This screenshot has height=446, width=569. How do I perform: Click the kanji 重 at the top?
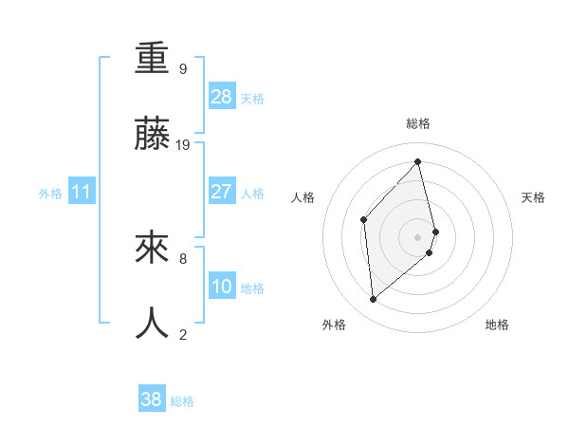click(152, 61)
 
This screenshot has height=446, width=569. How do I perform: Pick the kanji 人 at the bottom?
click(152, 324)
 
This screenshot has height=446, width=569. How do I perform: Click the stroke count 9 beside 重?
click(183, 69)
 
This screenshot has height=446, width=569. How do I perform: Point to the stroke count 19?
click(183, 144)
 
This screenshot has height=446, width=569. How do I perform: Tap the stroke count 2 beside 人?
click(183, 333)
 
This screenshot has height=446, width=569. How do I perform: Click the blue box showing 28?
click(221, 97)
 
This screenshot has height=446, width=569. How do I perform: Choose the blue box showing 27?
click(221, 192)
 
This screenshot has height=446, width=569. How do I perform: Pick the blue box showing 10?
click(221, 287)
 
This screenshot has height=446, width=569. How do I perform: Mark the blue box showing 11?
click(81, 192)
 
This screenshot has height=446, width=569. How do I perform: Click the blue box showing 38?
click(152, 400)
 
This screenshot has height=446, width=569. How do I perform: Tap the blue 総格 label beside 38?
click(182, 401)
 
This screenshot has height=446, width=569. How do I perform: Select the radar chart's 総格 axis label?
click(418, 123)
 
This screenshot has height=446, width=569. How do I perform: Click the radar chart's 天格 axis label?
click(534, 197)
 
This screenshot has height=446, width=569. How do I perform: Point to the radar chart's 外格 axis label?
click(333, 325)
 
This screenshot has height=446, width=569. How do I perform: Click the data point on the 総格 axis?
click(418, 161)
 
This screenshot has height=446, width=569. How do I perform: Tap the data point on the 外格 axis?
click(374, 299)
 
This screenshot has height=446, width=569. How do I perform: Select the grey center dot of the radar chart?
click(418, 236)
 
